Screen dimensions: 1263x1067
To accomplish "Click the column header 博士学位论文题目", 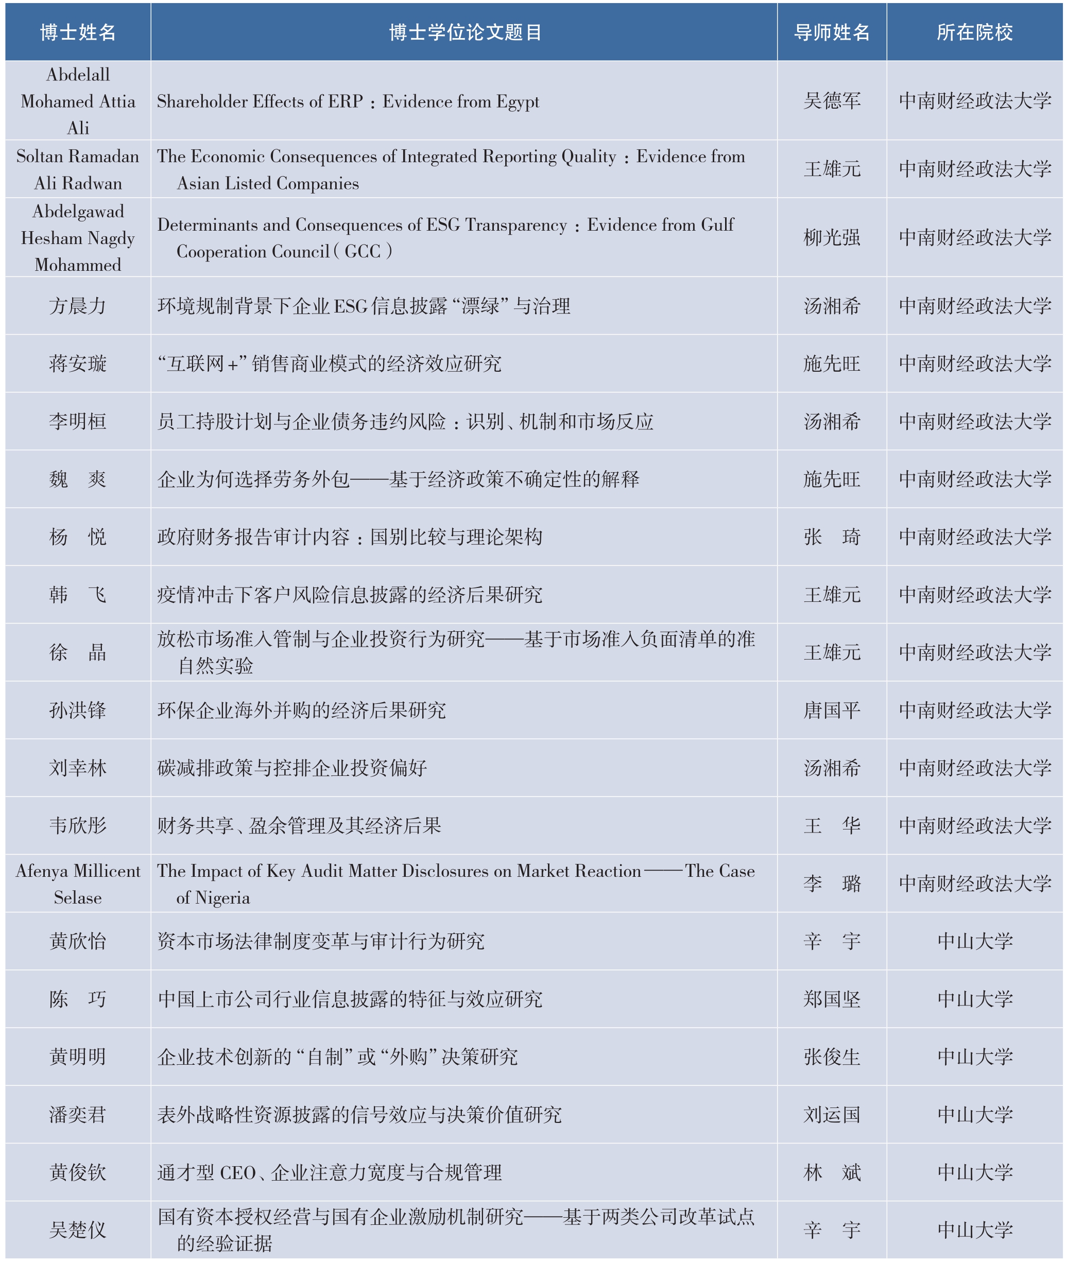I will (464, 32).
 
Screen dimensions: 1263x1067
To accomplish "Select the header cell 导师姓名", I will (832, 32).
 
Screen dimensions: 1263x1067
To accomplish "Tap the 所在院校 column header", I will (974, 32).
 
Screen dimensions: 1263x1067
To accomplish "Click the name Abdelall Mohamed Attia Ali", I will (78, 101).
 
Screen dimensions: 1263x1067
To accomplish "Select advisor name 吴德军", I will (832, 101).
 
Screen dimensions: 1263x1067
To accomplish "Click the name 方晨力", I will (78, 306).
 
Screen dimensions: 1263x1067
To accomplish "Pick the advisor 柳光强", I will (832, 237).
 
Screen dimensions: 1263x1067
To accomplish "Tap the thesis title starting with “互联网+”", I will (330, 364).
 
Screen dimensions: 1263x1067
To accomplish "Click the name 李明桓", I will (78, 422).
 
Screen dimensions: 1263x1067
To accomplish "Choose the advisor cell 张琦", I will (832, 537).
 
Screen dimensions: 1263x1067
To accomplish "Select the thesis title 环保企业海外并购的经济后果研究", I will (302, 710).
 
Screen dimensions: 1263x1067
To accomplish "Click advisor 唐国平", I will (832, 710).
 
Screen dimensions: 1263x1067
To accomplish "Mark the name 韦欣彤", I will (78, 826).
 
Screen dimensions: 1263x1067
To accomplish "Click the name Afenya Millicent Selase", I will (78, 884).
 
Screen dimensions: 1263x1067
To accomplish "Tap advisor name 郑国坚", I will (832, 999).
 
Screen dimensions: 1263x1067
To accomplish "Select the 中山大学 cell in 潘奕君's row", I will (974, 1115).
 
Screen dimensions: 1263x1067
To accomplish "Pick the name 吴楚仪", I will (78, 1230).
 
